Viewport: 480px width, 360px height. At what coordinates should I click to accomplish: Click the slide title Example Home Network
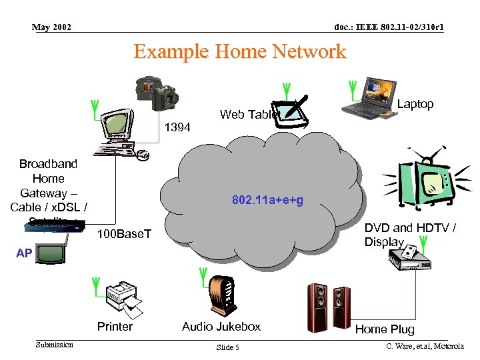pos(240,51)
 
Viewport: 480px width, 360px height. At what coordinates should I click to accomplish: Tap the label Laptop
pos(415,104)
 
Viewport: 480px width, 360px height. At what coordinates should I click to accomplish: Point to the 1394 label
pos(177,127)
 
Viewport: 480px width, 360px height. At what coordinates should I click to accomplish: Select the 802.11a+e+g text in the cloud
pos(267,200)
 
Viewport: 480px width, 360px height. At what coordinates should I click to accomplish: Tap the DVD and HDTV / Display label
pos(409,235)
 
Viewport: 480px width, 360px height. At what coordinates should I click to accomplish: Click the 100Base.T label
pos(124,234)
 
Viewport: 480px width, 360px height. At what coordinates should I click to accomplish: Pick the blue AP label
pos(24,253)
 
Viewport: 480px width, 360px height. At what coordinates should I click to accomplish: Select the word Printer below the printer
pos(115,327)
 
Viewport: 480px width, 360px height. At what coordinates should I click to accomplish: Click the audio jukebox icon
pos(222,297)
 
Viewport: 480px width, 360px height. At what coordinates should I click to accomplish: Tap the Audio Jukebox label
pos(221,327)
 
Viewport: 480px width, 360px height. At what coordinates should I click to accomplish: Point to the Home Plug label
pos(385,329)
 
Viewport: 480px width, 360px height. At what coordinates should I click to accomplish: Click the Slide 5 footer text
pos(227,348)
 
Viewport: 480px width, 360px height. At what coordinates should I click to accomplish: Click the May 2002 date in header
pos(52,27)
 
